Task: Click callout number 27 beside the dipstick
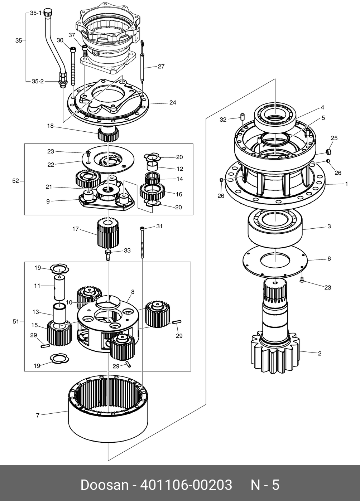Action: [161, 66]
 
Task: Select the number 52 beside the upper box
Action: [15, 181]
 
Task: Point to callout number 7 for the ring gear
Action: [37, 415]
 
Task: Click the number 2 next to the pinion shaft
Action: [320, 354]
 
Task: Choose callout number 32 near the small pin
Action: [223, 120]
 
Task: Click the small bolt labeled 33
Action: [108, 255]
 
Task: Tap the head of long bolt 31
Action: [143, 228]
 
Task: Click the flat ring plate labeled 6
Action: [275, 263]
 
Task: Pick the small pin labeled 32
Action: [243, 117]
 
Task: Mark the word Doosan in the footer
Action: [104, 485]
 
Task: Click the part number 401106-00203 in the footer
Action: [186, 485]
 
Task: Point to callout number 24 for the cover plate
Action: [173, 102]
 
